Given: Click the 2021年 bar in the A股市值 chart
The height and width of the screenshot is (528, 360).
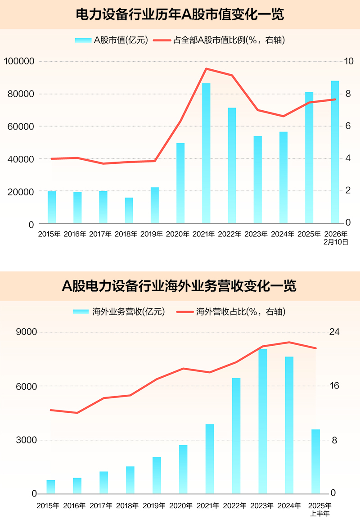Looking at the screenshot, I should coord(206,153).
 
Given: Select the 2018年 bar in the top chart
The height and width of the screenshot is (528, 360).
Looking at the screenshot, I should coord(129,210).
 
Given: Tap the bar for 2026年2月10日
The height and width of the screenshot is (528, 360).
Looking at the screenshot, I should coord(335,152).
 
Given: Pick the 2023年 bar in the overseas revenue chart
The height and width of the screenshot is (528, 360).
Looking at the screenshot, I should coord(262,421).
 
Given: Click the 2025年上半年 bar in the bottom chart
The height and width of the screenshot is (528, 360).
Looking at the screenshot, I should coord(315,461).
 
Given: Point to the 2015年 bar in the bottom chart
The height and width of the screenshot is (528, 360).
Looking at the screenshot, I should coord(51,487).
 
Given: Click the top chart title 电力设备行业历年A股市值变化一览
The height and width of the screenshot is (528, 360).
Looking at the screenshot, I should coord(180,14).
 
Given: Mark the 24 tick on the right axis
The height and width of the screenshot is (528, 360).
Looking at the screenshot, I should coord(334,332).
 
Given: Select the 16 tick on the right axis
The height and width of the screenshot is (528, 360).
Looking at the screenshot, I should coord(334,386).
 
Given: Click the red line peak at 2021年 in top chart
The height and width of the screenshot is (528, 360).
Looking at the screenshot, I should coord(206,69).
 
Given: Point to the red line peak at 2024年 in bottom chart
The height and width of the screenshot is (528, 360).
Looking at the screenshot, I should coord(289,342).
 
